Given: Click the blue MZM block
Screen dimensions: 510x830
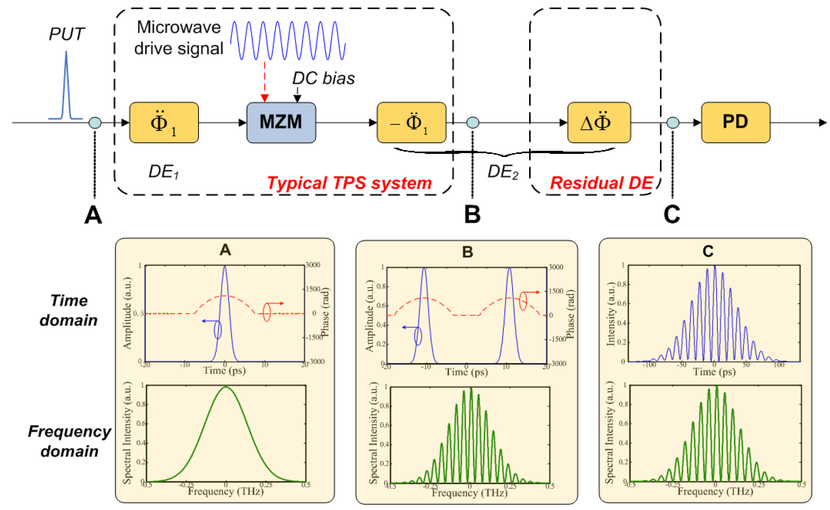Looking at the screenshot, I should (281, 122).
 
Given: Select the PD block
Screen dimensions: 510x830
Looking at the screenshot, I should (735, 122).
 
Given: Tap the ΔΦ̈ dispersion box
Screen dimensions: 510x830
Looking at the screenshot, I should (599, 122).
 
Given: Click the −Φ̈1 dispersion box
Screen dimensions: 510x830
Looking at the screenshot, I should (411, 122).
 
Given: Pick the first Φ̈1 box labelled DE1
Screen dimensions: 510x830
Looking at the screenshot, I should (164, 122).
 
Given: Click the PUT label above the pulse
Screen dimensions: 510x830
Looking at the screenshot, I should (67, 34).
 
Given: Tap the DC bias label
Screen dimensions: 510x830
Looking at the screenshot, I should (323, 78).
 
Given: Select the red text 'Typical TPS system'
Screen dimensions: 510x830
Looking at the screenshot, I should (349, 183).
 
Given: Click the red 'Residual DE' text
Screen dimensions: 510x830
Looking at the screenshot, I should (602, 183).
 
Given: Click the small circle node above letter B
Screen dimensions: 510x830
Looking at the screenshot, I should (472, 122).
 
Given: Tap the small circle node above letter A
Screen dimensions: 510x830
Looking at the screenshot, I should (95, 122).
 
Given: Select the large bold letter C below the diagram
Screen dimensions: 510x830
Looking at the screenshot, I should (672, 214).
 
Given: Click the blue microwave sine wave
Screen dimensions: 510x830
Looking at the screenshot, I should (288, 40).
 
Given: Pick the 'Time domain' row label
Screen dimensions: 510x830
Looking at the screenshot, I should (69, 310).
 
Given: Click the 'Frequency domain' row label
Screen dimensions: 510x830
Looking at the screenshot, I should (70, 441).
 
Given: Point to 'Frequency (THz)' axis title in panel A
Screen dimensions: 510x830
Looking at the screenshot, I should (225, 491).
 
